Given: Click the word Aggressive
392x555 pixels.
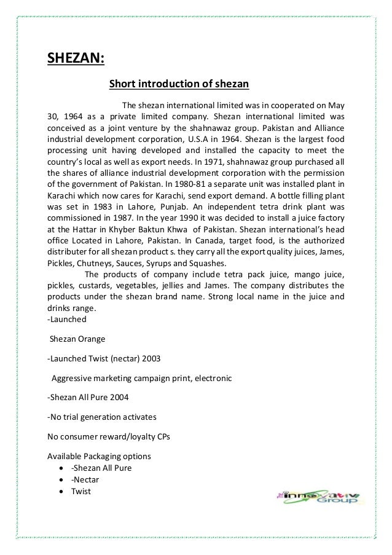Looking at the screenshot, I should (74, 378).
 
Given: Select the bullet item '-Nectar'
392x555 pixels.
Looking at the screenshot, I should (85, 479).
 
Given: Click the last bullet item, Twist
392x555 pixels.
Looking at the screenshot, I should (80, 491).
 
